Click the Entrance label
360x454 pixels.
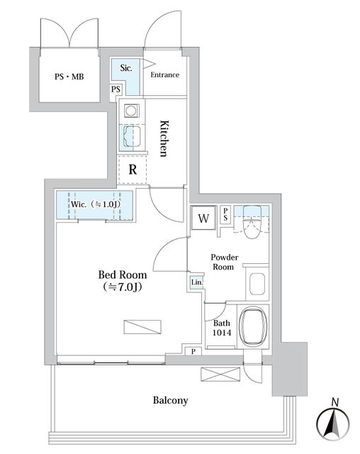coord(165,74)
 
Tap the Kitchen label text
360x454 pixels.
coord(164,138)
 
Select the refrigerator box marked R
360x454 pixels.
coord(132,170)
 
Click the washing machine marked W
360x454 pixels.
coord(203,218)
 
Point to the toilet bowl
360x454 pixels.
coord(252,222)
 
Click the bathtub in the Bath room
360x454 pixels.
coord(254,326)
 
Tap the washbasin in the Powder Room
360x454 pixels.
coord(257,284)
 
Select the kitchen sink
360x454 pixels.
coord(132,137)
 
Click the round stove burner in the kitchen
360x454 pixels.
coord(131,111)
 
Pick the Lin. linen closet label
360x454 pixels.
coord(197,282)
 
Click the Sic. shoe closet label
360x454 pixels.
coord(126,68)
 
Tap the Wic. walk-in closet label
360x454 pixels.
coord(96,204)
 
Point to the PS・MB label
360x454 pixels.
coord(69,77)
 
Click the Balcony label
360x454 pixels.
coord(171,400)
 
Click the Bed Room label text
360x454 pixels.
coord(123,275)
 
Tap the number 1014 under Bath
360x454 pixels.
coord(222,333)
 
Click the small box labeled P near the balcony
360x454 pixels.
coord(193,352)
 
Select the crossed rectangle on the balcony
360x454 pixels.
coord(220,375)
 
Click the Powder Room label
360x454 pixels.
coord(225,262)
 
